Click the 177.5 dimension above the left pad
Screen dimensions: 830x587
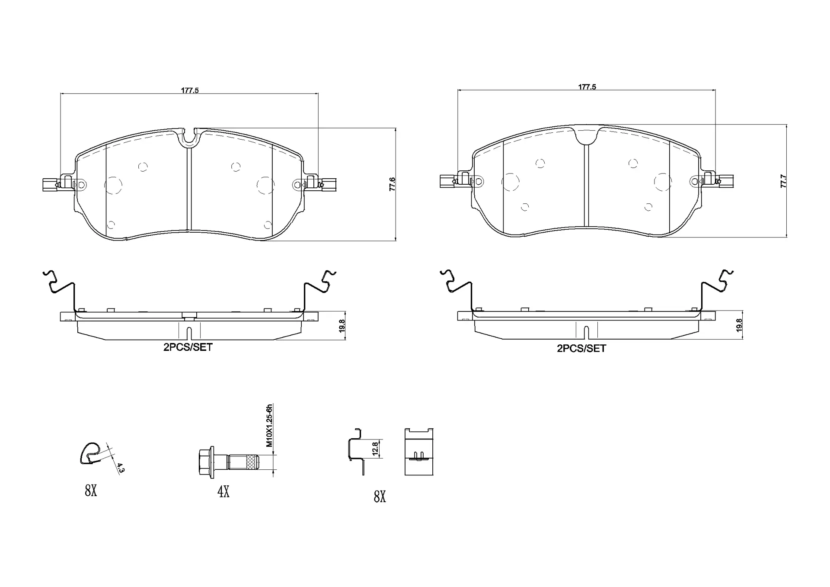pos(190,90)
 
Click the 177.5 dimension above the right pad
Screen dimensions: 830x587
pos(587,87)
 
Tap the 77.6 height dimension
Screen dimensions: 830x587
pos(392,184)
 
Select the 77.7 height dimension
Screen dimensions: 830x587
pos(783,181)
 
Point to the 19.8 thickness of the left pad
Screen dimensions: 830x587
pos(342,326)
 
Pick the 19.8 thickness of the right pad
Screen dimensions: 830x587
pos(739,325)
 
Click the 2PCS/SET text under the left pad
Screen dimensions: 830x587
pos(188,347)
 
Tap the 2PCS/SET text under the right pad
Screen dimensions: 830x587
pos(581,348)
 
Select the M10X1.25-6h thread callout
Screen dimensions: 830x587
pos(269,426)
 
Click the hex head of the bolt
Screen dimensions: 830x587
pos(206,462)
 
